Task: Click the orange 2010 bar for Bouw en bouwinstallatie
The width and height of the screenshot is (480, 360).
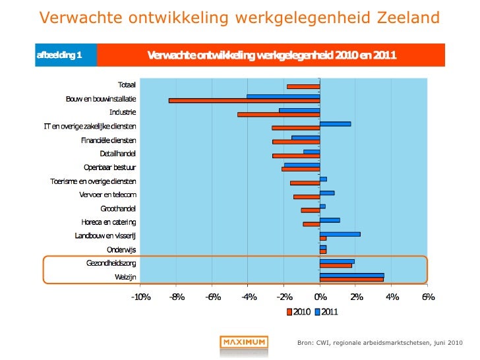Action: click(244, 101)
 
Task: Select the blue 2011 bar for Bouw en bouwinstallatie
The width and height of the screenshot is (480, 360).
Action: click(283, 96)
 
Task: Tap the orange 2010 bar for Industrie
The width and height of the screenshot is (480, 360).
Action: click(278, 115)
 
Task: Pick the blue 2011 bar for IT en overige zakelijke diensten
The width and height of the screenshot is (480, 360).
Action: click(335, 124)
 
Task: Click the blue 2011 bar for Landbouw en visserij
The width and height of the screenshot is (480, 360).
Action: click(340, 234)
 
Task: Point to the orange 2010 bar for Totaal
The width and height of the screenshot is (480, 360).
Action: click(303, 86)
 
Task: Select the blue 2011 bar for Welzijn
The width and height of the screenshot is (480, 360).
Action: click(351, 275)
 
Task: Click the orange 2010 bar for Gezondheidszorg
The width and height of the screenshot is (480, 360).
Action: click(336, 266)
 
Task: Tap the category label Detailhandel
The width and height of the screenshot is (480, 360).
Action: click(117, 153)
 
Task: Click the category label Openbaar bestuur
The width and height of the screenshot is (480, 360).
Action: click(110, 167)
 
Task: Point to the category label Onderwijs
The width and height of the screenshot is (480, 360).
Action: click(121, 249)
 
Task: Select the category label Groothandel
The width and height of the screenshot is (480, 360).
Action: click(118, 208)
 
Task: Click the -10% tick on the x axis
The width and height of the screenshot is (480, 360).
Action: click(140, 297)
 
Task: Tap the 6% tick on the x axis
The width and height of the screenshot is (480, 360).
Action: click(428, 297)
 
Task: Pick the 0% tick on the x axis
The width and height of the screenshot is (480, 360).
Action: click(320, 297)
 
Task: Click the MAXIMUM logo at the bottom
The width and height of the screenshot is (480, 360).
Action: click(243, 342)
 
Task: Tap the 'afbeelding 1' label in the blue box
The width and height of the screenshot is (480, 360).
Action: click(59, 55)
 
